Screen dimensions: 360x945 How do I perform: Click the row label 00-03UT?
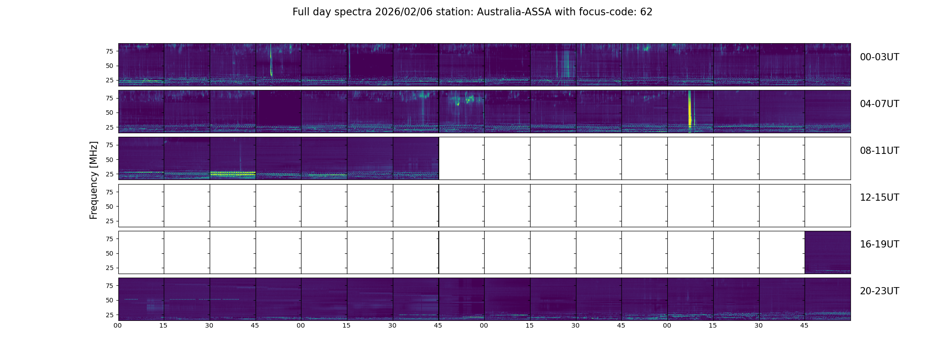pyautogui.click(x=879, y=57)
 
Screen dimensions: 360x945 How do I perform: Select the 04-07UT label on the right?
pyautogui.click(x=879, y=104)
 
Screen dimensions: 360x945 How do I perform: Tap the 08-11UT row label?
pyautogui.click(x=879, y=151)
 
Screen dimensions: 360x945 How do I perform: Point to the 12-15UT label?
pyautogui.click(x=879, y=198)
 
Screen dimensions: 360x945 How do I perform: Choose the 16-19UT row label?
pyautogui.click(x=879, y=244)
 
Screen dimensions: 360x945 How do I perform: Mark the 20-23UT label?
pyautogui.click(x=879, y=291)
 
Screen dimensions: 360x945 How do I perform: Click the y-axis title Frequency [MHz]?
pyautogui.click(x=94, y=180)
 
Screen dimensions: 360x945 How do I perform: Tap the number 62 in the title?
pyautogui.click(x=646, y=12)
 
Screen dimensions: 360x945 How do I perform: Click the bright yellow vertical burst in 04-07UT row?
pyautogui.click(x=689, y=112)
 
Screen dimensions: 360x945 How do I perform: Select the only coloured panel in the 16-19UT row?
pyautogui.click(x=828, y=252)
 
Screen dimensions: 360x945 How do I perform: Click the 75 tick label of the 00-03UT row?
pyautogui.click(x=109, y=51)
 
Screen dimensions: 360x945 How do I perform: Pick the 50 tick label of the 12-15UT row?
pyautogui.click(x=109, y=207)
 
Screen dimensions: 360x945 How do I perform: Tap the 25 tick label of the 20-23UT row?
pyautogui.click(x=109, y=315)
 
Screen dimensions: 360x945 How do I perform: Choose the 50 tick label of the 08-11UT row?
pyautogui.click(x=109, y=160)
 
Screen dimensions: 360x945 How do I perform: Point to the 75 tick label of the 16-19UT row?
pyautogui.click(x=109, y=239)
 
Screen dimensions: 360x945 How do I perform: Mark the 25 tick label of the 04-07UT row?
pyautogui.click(x=109, y=127)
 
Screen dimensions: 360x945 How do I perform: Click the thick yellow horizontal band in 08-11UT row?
pyautogui.click(x=233, y=173)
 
